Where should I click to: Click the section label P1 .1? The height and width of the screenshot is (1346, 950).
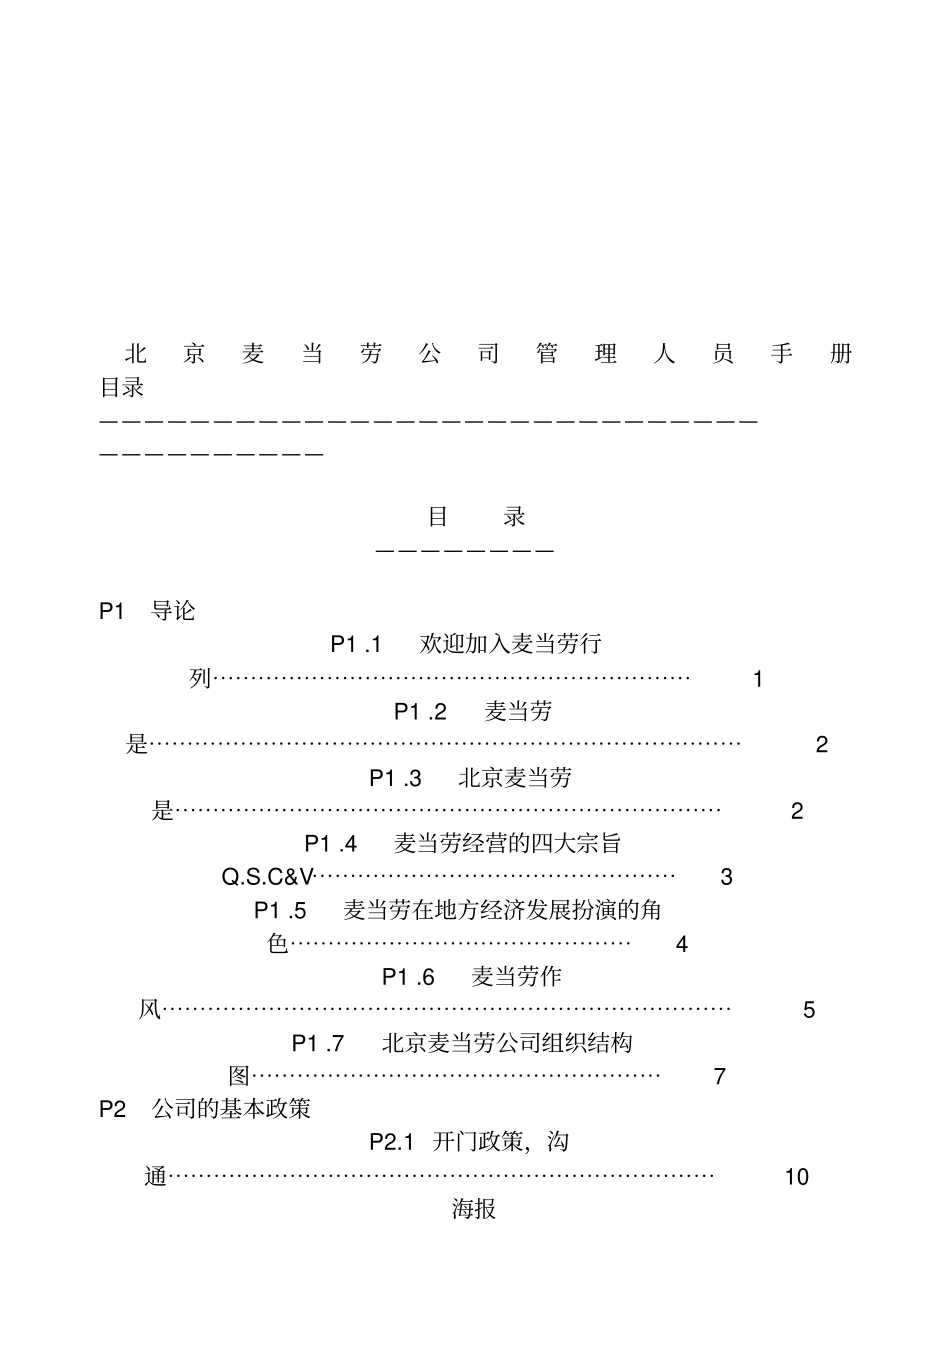[x=356, y=644]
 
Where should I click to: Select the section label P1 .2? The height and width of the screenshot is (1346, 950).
[x=420, y=711]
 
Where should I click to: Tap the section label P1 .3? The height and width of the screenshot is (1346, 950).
[x=395, y=778]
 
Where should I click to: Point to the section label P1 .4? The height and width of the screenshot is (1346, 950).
[x=331, y=844]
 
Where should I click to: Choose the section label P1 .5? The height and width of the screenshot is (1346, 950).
[x=280, y=911]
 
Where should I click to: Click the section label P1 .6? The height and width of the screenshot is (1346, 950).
[x=408, y=977]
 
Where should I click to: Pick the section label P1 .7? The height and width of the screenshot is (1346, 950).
[x=318, y=1044]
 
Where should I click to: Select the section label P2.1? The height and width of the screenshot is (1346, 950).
[x=392, y=1142]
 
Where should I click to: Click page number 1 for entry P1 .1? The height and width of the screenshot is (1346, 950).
[x=758, y=680]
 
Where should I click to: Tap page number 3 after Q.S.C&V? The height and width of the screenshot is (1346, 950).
[x=726, y=878]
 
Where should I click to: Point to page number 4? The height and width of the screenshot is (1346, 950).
[x=682, y=944]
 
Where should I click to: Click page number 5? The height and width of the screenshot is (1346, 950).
[x=809, y=1011]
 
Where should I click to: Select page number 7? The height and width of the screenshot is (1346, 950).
[x=720, y=1077]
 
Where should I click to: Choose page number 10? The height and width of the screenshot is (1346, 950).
[x=796, y=1177]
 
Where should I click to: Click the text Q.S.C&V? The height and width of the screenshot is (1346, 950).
[x=267, y=878]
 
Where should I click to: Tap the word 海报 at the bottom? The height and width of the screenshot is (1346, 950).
[x=474, y=1209]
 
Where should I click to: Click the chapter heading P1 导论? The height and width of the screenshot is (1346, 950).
[x=147, y=611]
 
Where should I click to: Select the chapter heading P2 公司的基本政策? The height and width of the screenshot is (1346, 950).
[x=205, y=1109]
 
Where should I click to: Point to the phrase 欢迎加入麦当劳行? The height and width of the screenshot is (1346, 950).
[x=511, y=644]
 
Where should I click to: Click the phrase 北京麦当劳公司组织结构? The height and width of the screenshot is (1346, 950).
[x=507, y=1044]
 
